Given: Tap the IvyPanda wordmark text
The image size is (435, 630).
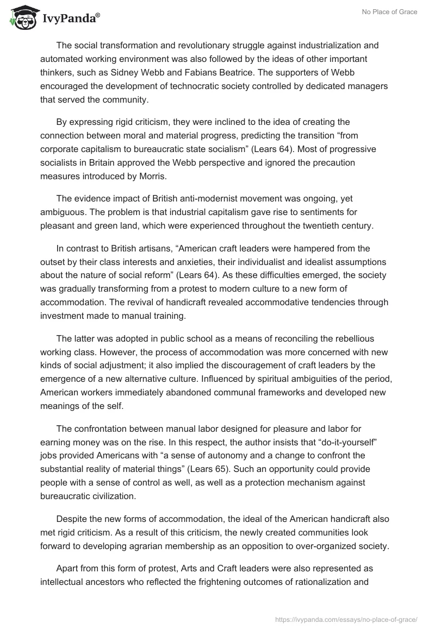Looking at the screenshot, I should click(69, 19).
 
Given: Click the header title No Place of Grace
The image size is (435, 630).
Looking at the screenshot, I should click(391, 12).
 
